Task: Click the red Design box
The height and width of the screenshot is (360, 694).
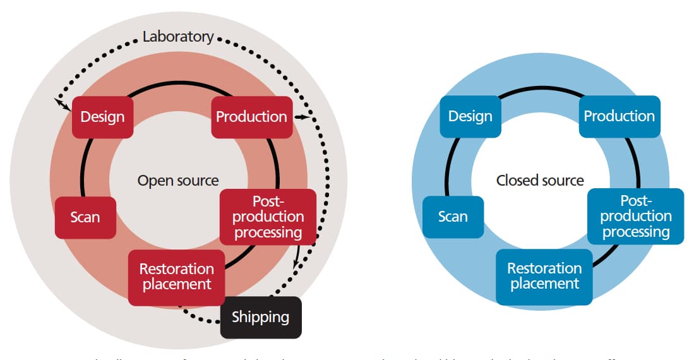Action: pos(102,117)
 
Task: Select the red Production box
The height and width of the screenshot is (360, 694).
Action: pos(251,117)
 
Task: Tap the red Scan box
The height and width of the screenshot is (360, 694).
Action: pos(85,217)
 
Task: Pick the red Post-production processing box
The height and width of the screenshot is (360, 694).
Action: pos(268,217)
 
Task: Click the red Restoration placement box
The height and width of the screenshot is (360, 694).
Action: pos(176,277)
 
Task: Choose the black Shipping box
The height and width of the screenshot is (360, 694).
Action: pos(260,317)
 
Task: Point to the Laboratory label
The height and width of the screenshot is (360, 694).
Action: pos(178,37)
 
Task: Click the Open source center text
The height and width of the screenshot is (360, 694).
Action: pos(178,181)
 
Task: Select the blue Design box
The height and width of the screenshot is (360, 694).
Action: pos(470,116)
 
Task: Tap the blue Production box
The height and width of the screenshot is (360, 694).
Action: pos(619,116)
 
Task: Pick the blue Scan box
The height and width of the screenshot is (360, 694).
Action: pos(453,217)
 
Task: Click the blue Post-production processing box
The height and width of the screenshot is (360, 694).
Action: pos(635,216)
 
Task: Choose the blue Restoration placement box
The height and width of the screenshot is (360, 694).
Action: pos(544,277)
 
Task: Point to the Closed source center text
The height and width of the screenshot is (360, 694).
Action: pos(540,181)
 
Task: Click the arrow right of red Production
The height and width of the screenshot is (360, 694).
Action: pos(302,117)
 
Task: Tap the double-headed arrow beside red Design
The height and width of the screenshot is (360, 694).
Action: pos(61,105)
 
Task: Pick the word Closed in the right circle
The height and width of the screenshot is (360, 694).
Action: pos(516,181)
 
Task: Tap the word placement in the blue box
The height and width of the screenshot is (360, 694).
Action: pos(544,284)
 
